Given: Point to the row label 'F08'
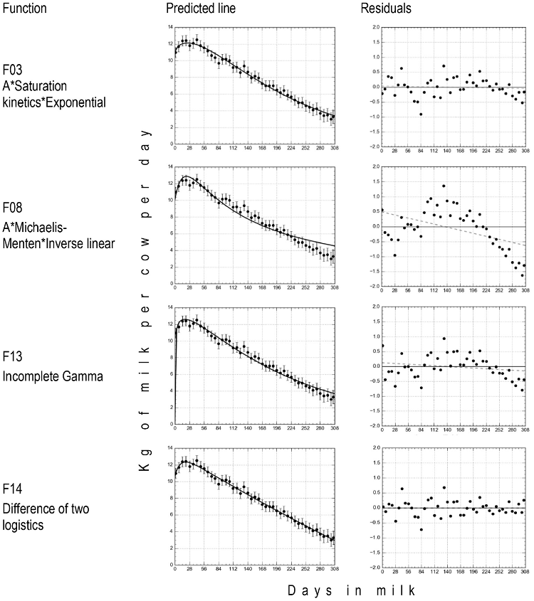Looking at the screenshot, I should [12, 210].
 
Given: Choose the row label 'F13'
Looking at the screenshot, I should [12, 351].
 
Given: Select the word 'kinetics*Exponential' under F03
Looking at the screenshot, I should [54, 102].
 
